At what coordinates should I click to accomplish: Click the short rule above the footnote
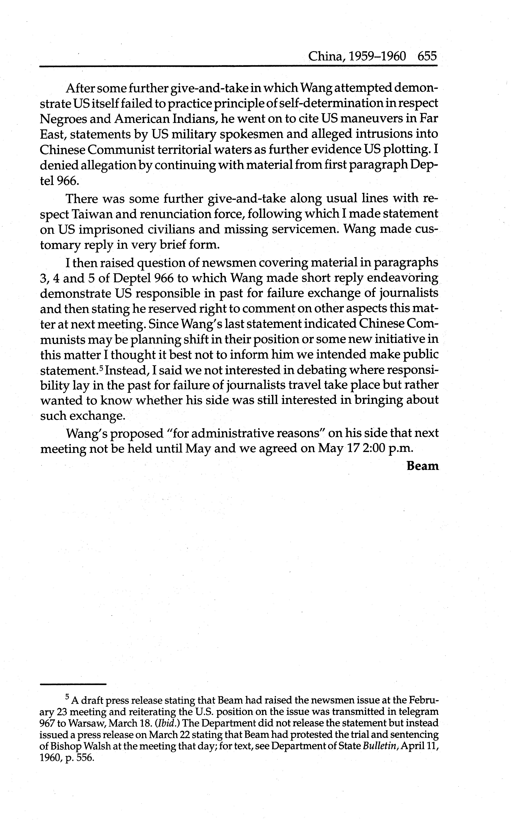(73, 684)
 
